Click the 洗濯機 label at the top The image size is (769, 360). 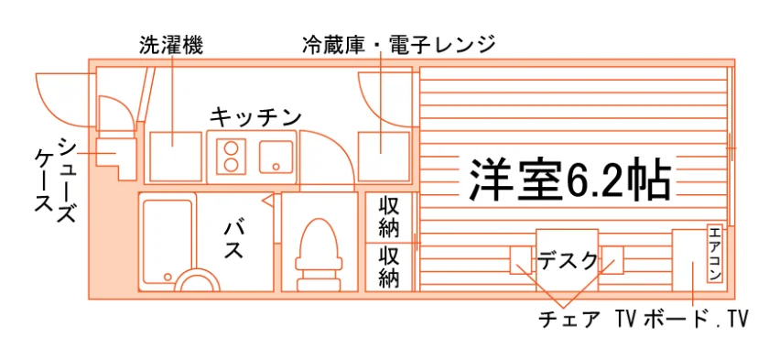pos(170,45)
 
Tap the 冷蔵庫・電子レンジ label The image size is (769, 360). pos(398,45)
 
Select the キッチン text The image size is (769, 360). pos(255,118)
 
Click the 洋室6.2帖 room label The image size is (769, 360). pos(569,180)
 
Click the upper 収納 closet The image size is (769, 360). pos(389,217)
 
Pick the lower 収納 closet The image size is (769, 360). pos(389,267)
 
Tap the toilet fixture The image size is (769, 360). pos(319,255)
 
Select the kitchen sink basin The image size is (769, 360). pos(276,157)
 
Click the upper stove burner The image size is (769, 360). pos(232,148)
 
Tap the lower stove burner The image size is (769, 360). pos(232,165)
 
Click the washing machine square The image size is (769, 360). pos(176,157)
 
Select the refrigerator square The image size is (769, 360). pos(384,157)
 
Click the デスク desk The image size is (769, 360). pos(567,260)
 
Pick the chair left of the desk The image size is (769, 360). pos(521,260)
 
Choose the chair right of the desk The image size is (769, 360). pos(612,260)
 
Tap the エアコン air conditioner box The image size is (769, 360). pos(715,254)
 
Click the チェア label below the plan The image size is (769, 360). pos(569,320)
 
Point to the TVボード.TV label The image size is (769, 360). pos(681,320)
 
